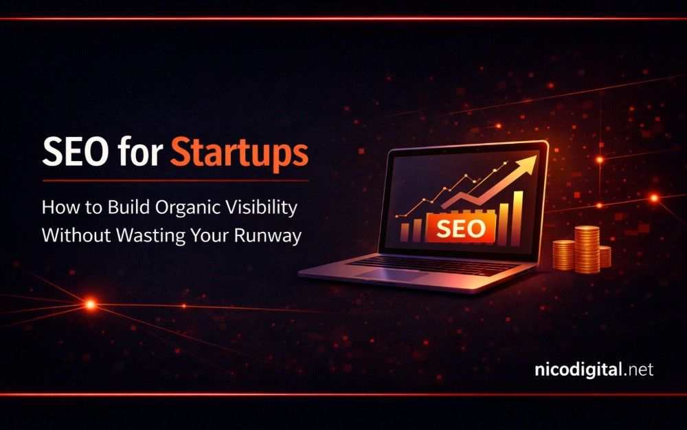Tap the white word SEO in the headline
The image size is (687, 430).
(x=75, y=152)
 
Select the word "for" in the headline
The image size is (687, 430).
(x=139, y=151)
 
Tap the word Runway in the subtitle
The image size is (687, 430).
(x=268, y=235)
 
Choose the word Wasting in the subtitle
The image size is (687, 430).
(x=150, y=235)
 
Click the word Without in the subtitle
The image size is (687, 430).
(x=76, y=235)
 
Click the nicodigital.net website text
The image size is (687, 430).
(x=594, y=369)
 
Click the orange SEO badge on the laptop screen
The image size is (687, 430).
(x=461, y=228)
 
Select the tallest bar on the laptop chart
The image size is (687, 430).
(x=518, y=218)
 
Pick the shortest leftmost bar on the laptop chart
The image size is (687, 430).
(x=405, y=232)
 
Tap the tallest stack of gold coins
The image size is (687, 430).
(x=587, y=249)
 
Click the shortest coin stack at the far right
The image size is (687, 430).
(x=605, y=257)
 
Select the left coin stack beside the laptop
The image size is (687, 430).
(x=563, y=255)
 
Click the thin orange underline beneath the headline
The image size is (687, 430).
(x=175, y=180)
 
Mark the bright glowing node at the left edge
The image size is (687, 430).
(x=90, y=304)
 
